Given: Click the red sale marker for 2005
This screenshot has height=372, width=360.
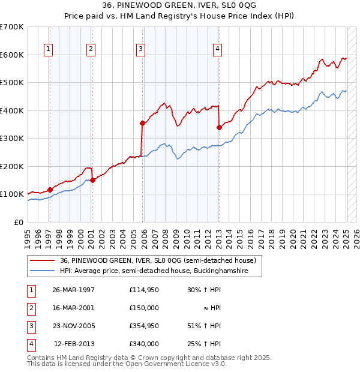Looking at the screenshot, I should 143,124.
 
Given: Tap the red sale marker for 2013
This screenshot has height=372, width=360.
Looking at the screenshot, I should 219,127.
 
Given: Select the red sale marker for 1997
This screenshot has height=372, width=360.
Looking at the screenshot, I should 50,190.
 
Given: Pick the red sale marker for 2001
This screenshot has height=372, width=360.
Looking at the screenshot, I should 92,179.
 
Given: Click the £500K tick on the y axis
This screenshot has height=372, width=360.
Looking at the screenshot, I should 12,82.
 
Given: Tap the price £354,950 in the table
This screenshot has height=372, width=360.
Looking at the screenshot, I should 144,326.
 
